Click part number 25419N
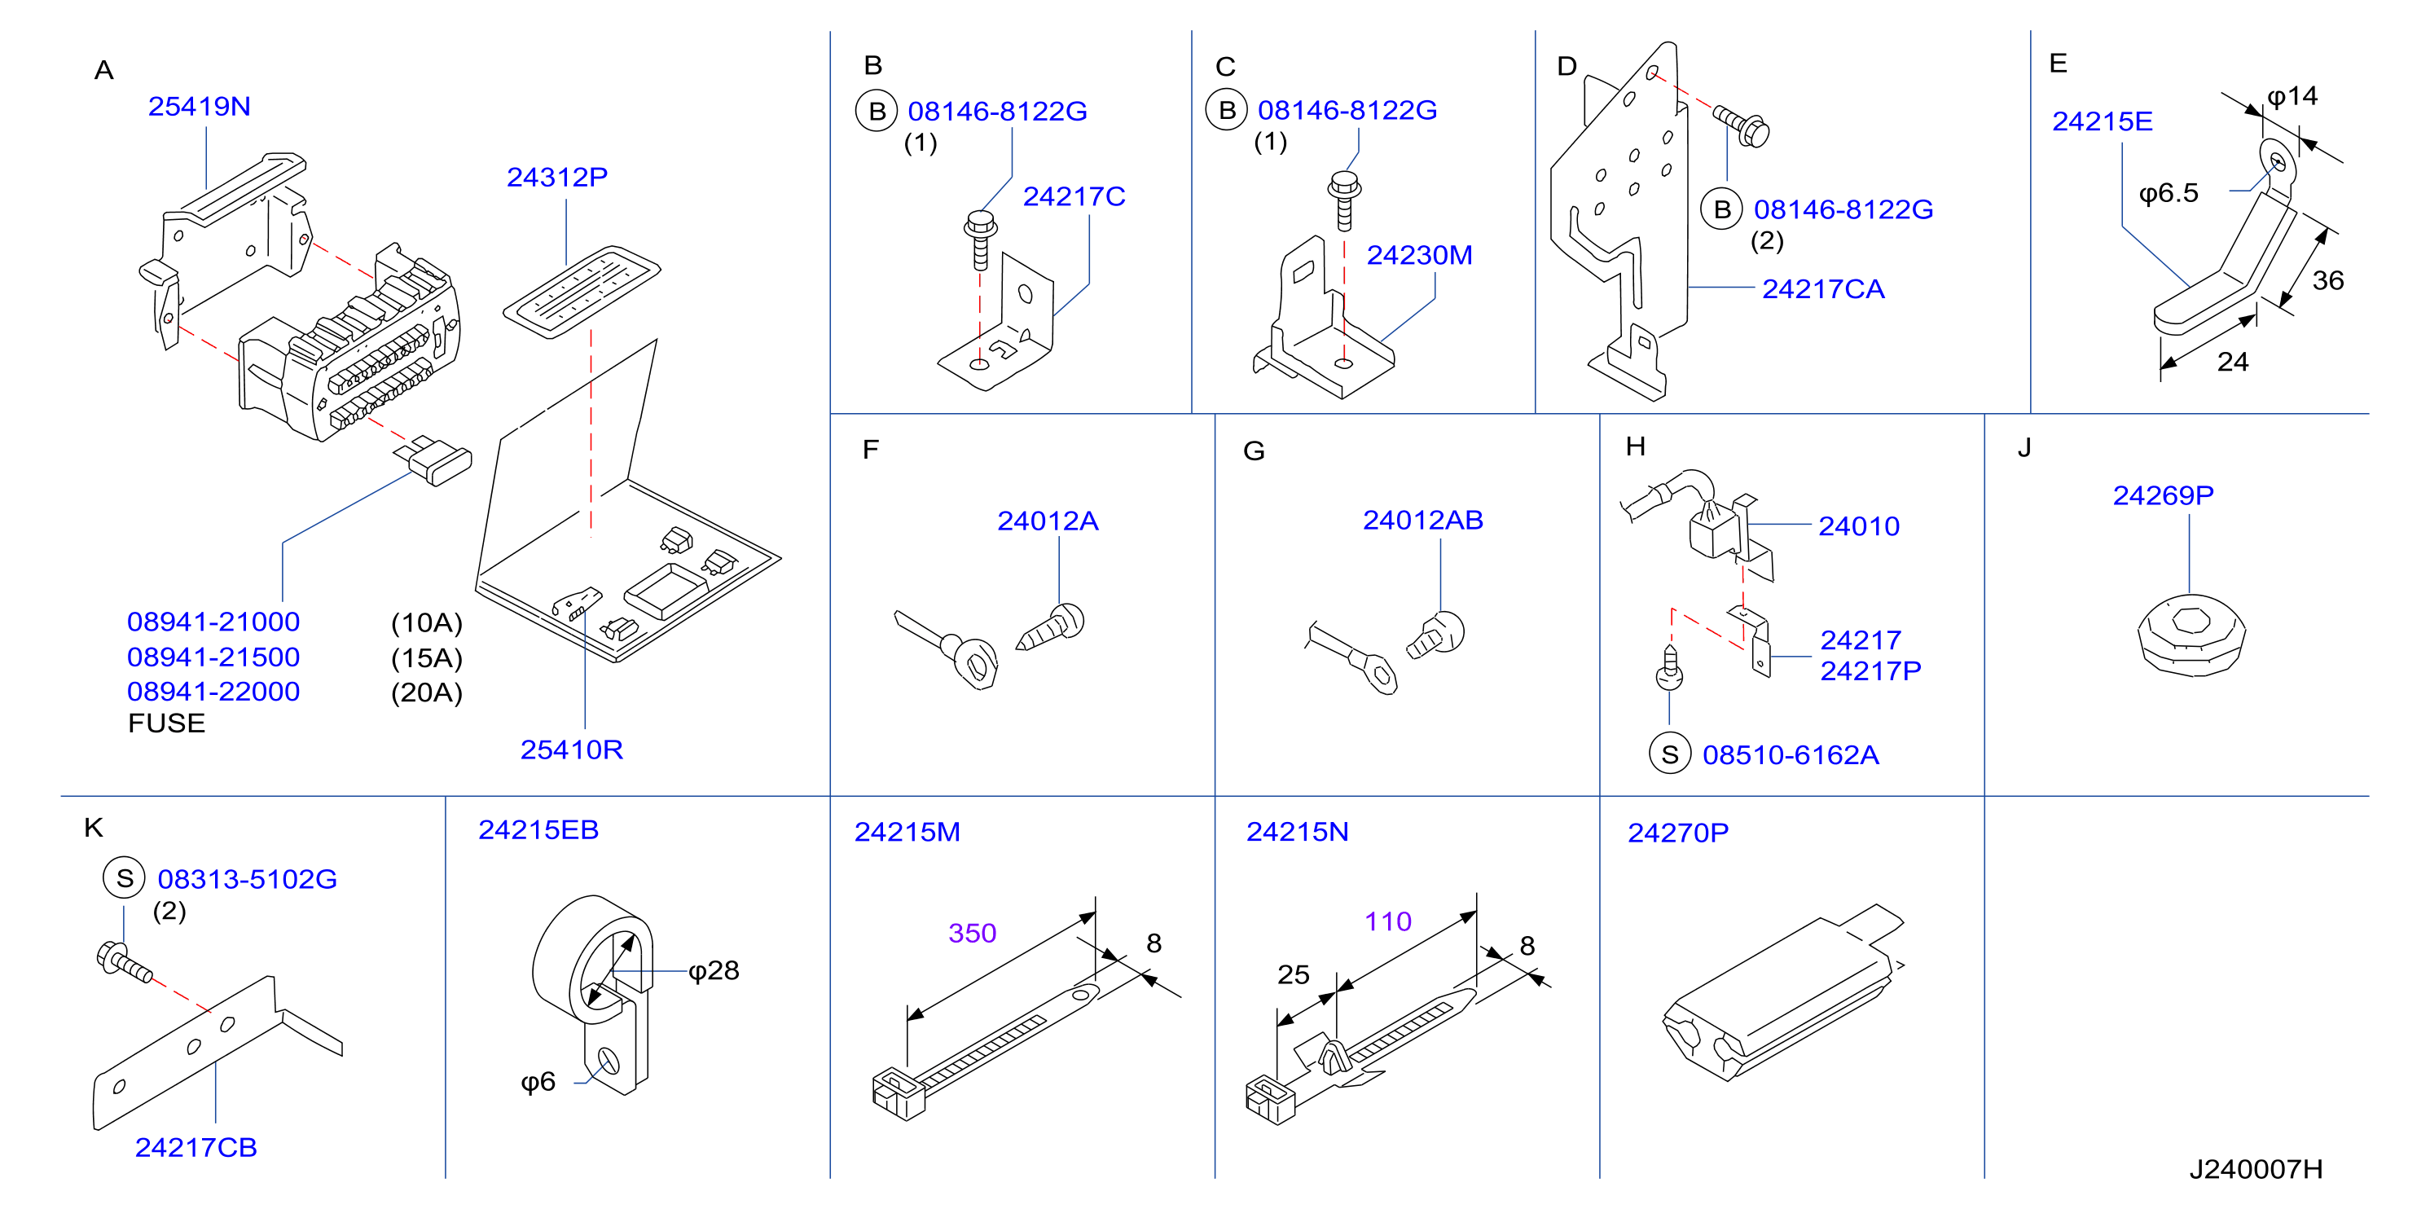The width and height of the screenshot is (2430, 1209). click(x=199, y=107)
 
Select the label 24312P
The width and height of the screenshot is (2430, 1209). click(x=556, y=178)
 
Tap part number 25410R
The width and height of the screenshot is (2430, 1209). click(x=572, y=750)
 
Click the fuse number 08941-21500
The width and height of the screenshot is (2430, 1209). click(x=213, y=657)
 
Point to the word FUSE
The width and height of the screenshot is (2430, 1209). click(x=167, y=723)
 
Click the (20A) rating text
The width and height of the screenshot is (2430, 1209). click(x=426, y=693)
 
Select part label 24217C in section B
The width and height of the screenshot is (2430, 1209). click(x=1074, y=196)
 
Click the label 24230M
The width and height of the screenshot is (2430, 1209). click(x=1419, y=256)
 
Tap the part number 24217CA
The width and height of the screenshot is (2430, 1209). click(x=1822, y=289)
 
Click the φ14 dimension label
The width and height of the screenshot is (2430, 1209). click(x=2292, y=96)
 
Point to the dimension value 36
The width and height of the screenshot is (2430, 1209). click(x=2327, y=280)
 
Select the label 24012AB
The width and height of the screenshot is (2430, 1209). click(x=1422, y=520)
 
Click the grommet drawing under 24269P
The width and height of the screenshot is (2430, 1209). click(x=2191, y=635)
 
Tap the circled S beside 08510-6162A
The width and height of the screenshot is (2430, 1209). click(x=1670, y=754)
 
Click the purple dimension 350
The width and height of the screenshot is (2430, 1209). click(x=972, y=934)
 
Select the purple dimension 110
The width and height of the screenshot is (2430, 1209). click(x=1387, y=921)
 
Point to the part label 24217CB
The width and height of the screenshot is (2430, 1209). click(x=196, y=1148)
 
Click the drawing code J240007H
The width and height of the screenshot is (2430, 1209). click(x=2256, y=1169)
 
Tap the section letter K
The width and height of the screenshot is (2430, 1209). click(x=94, y=828)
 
